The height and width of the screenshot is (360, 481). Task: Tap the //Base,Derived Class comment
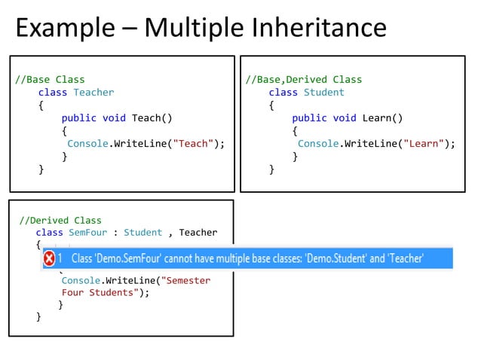pyautogui.click(x=304, y=79)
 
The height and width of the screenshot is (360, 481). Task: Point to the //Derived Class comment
pyautogui.click(x=60, y=220)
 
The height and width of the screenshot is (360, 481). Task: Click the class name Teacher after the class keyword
pyautogui.click(x=93, y=92)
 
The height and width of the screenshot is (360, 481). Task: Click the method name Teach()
pyautogui.click(x=152, y=117)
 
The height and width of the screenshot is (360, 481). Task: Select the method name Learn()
pyautogui.click(x=381, y=117)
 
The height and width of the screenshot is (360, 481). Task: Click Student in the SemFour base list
pyautogui.click(x=143, y=232)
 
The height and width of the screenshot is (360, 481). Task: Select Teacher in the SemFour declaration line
pyautogui.click(x=198, y=232)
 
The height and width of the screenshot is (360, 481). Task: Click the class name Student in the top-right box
pyautogui.click(x=323, y=92)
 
